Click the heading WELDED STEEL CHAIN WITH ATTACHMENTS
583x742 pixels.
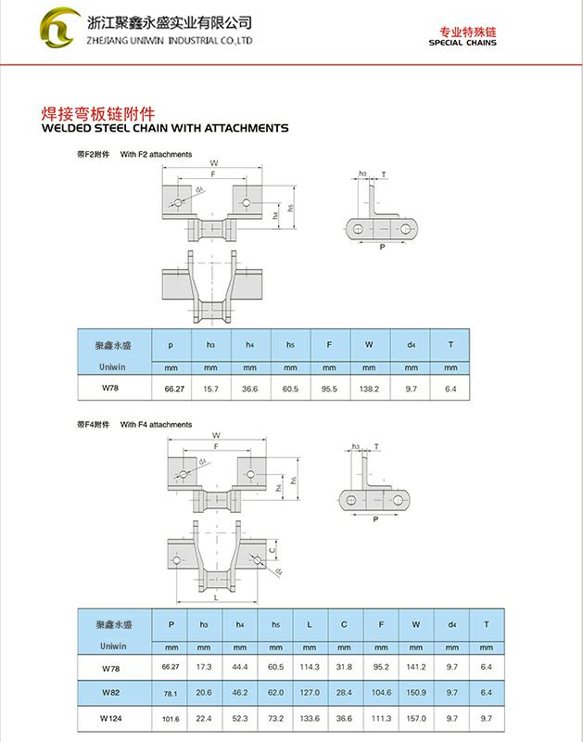(166, 128)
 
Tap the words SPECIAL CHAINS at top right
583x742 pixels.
(463, 44)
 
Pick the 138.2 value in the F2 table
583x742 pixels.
(369, 390)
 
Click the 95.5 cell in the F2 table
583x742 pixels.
(329, 390)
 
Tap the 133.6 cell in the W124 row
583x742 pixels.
(310, 719)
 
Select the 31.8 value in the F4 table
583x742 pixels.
(344, 667)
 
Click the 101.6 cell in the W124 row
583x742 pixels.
(171, 719)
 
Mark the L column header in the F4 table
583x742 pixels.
(310, 624)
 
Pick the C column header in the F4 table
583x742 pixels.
(344, 624)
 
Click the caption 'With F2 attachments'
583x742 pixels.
(156, 154)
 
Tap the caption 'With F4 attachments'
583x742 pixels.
(156, 424)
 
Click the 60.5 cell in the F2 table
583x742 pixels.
(290, 390)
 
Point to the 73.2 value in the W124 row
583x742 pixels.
(276, 719)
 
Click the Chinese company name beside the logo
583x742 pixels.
(169, 22)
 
